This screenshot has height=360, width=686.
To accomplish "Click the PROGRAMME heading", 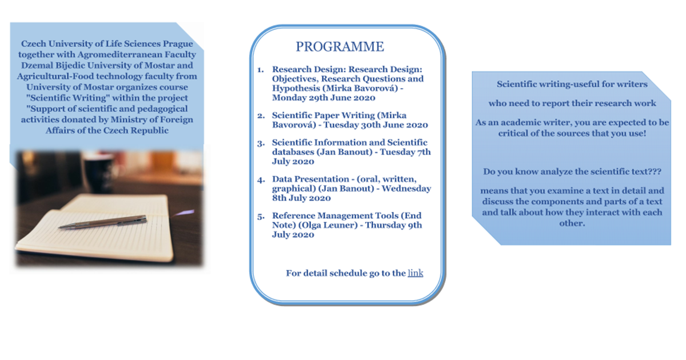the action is (340, 46).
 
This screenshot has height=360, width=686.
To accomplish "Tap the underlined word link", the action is (415, 273).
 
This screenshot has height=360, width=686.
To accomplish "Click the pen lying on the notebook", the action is (102, 222).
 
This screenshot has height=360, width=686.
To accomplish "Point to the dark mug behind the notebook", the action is (98, 172).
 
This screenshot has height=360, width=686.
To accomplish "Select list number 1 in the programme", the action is (261, 70).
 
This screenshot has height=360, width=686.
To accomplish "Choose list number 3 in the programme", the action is (261, 143).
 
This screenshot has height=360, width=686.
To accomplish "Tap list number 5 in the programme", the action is (261, 217).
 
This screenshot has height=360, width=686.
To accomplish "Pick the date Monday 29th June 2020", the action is (324, 98).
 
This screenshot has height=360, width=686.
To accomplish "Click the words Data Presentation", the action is (310, 179).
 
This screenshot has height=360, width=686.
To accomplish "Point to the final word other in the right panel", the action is (572, 223).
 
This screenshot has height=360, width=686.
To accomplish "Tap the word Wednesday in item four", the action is (406, 188).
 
